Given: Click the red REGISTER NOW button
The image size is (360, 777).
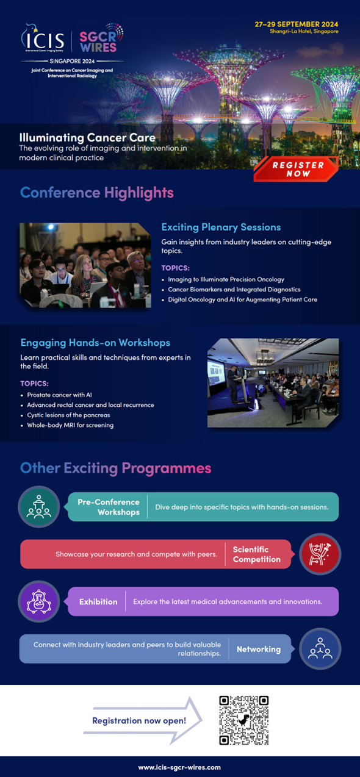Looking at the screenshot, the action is coord(296,170).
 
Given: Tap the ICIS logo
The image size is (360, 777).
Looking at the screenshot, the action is coord(43,38).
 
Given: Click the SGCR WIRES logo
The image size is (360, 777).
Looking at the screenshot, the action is coord(101,38).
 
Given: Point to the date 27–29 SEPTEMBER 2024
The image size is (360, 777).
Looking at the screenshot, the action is coord(297,24).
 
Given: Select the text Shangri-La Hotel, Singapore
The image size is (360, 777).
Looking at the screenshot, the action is coord(304,32).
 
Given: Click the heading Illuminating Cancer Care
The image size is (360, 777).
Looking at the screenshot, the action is coord(87,138).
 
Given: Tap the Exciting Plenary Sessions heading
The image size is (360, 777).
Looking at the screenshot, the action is coord(221,227).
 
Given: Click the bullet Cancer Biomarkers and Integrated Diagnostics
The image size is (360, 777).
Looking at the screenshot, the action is coord(234,289).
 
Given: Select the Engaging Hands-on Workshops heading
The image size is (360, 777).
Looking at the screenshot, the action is coord(95,343).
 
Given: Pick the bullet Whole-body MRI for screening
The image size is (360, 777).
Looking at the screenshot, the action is coord(70,425).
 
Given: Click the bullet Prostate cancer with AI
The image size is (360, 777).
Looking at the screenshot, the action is coord(59,395).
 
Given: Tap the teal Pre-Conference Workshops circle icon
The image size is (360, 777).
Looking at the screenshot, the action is coord(39,507).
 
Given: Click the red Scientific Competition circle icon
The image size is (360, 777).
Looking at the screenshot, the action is coord(320,554).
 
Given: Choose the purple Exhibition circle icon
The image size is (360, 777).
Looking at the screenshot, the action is coord(39,601).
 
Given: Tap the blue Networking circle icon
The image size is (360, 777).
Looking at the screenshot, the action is coord(320,649).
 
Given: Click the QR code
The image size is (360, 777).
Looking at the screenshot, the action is coord(243,720).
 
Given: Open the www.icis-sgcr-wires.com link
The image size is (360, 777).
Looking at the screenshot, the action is coord(179,767).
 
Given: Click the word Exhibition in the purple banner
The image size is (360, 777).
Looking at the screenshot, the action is coord(98,602).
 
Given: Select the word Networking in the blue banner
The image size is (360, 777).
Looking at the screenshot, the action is coord(259,650).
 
